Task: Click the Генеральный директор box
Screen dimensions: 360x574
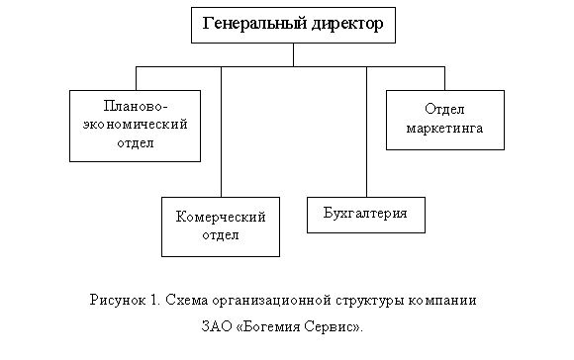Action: click(x=293, y=25)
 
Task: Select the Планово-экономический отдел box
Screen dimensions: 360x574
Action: click(x=135, y=125)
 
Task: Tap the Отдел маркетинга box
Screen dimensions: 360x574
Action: click(x=444, y=119)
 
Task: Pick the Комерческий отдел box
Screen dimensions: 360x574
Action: click(x=221, y=226)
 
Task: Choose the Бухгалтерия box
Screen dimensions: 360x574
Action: click(x=366, y=215)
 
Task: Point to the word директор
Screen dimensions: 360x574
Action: click(x=343, y=24)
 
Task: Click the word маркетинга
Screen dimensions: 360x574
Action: click(x=444, y=129)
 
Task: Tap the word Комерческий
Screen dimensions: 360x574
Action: click(x=221, y=217)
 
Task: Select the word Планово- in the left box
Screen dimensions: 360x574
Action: click(x=135, y=106)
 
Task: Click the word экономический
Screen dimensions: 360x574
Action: click(x=135, y=125)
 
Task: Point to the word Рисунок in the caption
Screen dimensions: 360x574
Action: click(x=116, y=299)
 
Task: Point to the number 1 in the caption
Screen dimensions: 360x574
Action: click(x=154, y=299)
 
